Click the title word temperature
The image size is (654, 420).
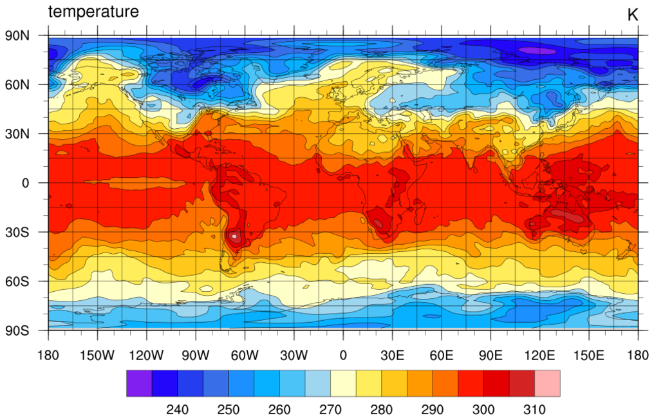click(x=93, y=12)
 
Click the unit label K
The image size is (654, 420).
click(x=632, y=15)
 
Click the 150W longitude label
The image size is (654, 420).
click(x=97, y=354)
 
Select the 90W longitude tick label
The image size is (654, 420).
click(x=196, y=354)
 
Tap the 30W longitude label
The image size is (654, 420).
click(x=294, y=354)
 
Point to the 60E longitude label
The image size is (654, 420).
click(x=442, y=354)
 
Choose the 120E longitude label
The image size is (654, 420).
click(x=539, y=354)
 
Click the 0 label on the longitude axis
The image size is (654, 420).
click(x=343, y=354)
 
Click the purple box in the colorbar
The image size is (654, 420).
click(x=139, y=383)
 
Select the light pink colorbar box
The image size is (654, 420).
click(x=547, y=383)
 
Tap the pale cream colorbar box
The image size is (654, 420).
click(x=343, y=383)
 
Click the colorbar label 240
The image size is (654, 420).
click(x=178, y=410)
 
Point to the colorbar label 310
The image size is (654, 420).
click(x=534, y=410)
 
